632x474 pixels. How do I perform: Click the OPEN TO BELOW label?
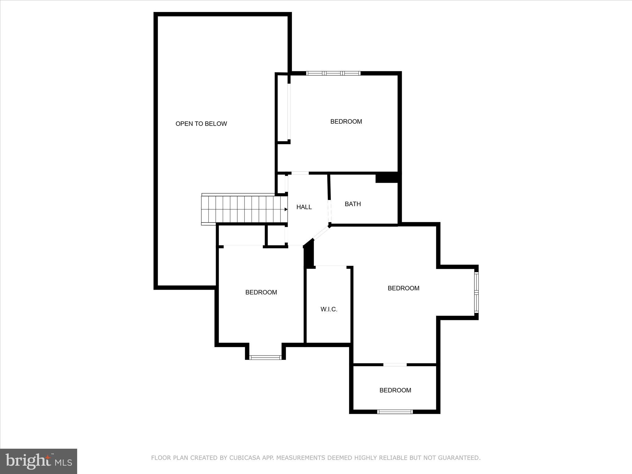click(201, 124)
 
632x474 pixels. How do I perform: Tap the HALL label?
click(304, 207)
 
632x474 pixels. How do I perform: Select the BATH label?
click(353, 204)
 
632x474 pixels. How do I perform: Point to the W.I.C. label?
click(329, 309)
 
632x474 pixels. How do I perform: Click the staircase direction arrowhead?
click(286, 210)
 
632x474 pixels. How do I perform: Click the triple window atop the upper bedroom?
click(333, 73)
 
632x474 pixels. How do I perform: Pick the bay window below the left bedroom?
click(265, 357)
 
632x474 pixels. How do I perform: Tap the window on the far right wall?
click(476, 292)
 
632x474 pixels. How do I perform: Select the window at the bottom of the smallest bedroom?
click(395, 411)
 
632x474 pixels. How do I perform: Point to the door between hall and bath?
click(330, 211)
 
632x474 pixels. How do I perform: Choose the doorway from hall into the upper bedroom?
click(300, 173)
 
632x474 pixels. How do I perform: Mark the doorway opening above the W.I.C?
click(331, 266)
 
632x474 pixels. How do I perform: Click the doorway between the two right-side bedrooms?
click(395, 365)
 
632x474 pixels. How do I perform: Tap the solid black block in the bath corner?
click(387, 178)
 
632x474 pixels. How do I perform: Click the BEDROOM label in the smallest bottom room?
click(395, 390)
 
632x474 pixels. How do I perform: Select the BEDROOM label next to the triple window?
click(346, 122)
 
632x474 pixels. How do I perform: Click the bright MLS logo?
click(39, 461)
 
